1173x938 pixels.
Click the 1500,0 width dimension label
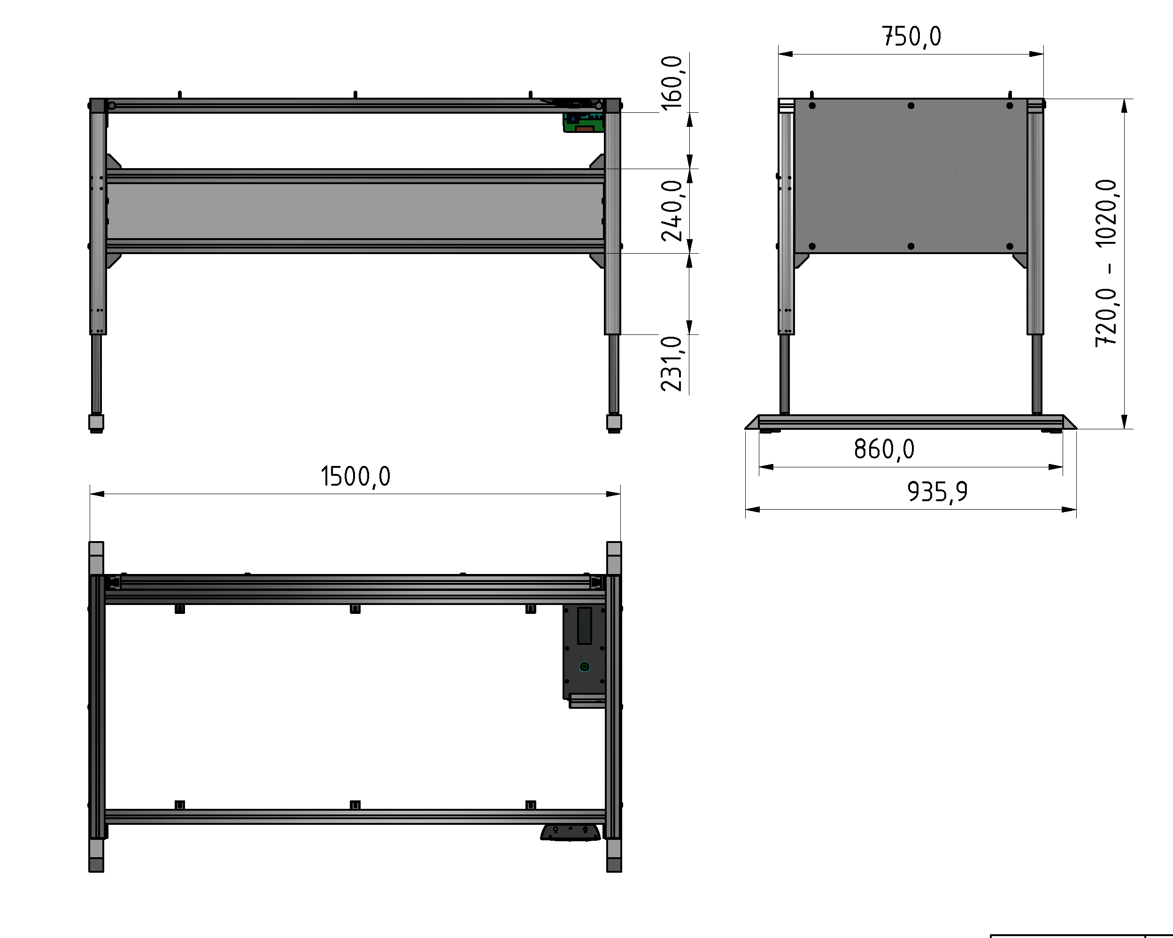355,477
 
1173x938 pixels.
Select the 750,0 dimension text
911,37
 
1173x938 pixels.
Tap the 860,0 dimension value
884,450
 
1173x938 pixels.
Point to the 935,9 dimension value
937,492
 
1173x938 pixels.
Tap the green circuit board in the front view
583,124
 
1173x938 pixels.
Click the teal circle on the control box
584,667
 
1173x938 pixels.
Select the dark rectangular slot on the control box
584,626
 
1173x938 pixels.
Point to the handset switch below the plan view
570,832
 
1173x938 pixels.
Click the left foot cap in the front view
96,423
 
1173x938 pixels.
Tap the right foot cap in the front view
614,423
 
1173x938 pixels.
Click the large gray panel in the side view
911,176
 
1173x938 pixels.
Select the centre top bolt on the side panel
911,106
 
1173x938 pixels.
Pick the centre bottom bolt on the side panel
911,247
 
